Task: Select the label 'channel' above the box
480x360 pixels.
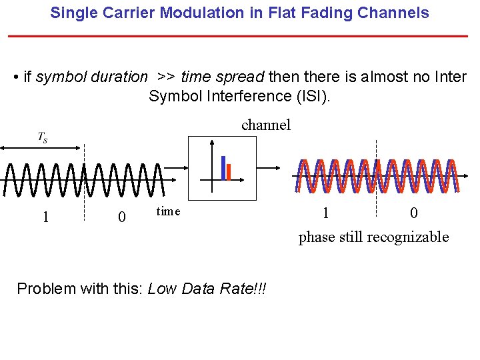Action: [266, 125]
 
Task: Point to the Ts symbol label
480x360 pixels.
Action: [42, 137]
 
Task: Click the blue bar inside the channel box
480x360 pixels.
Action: [223, 167]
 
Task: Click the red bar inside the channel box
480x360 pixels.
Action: [229, 171]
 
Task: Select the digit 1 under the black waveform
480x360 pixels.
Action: [45, 217]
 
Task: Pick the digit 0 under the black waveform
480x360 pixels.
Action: [121, 217]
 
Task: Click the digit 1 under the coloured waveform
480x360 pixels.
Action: [325, 213]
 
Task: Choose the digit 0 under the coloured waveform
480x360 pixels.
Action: [414, 213]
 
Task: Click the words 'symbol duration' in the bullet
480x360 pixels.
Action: [91, 77]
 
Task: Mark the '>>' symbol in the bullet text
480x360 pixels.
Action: [165, 77]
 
